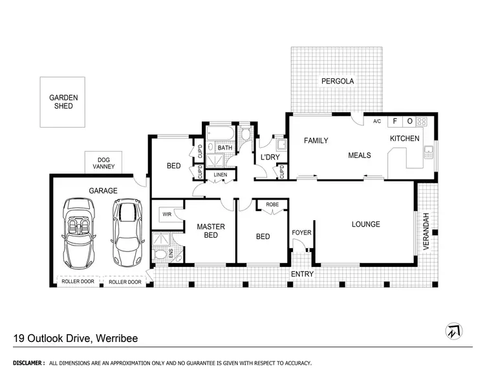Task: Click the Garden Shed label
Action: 63,102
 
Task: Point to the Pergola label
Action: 338,82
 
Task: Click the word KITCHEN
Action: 404,139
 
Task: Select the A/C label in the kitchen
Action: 377,121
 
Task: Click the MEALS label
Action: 359,155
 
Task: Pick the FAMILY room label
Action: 316,141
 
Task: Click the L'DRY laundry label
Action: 269,158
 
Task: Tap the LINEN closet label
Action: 221,175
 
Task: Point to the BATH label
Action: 224,148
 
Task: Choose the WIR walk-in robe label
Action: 166,214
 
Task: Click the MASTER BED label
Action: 211,231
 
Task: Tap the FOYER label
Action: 301,232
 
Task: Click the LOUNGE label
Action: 365,225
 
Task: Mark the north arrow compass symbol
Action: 455,331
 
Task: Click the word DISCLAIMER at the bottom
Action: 27,363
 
